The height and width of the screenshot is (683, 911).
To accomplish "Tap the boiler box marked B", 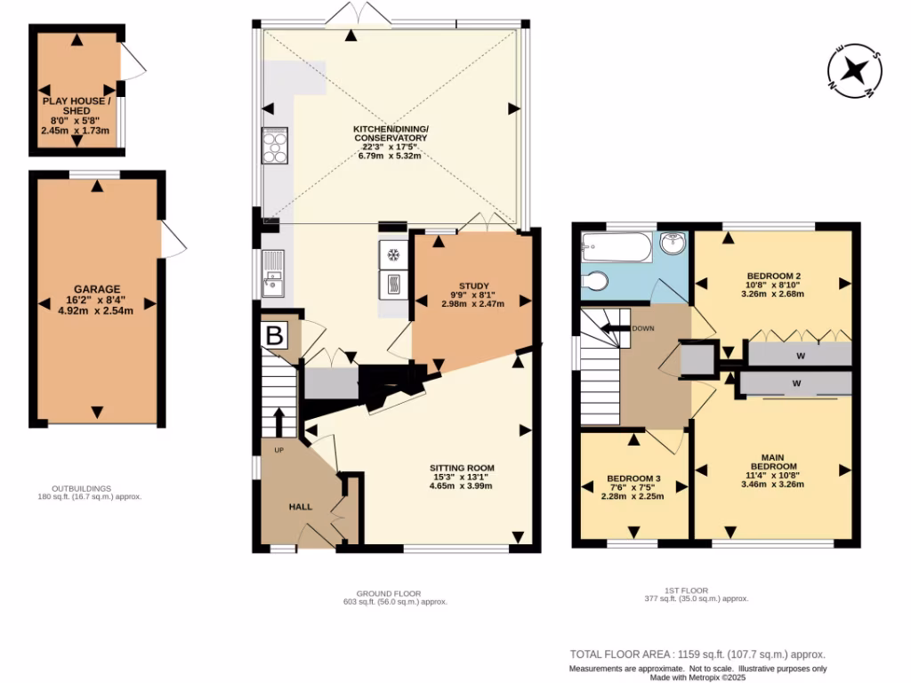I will [x=275, y=336].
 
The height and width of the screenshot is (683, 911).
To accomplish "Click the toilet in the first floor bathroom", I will [x=595, y=282].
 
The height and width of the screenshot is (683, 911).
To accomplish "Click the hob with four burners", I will [x=274, y=147].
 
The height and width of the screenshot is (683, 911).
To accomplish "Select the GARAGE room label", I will [x=97, y=289].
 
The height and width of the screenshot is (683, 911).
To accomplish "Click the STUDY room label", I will [x=474, y=285].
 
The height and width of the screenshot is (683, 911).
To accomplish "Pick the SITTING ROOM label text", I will [x=461, y=468].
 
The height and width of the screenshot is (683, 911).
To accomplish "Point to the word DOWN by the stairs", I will [x=643, y=328].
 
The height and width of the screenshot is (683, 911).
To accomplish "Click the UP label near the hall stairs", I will [x=278, y=450].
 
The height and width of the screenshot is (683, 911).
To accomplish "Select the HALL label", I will [x=300, y=507].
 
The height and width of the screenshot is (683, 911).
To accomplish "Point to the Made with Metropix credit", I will [x=698, y=677].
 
